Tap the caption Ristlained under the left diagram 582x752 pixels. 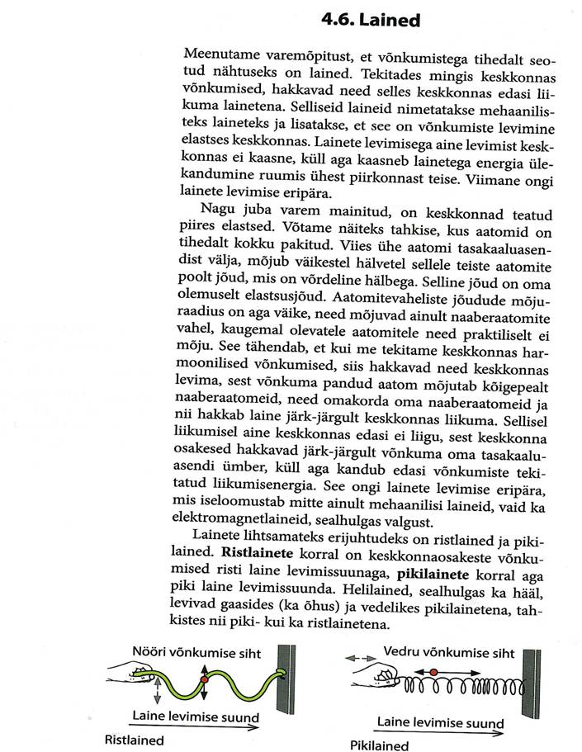click(x=134, y=740)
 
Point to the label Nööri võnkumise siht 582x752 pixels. click(x=196, y=654)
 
